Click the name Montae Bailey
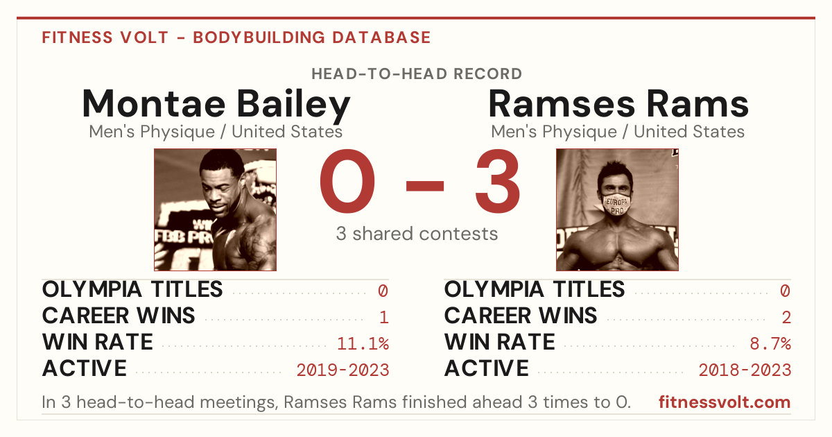(216, 104)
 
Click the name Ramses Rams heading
(618, 104)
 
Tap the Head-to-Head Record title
(417, 74)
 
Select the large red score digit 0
(347, 181)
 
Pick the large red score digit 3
(497, 181)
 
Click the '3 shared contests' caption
(417, 234)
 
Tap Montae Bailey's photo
(215, 209)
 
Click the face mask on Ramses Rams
(616, 205)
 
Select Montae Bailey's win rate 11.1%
(363, 344)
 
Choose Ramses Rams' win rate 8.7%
(770, 344)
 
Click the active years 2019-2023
(343, 370)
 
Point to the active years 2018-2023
(745, 370)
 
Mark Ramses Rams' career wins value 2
(786, 318)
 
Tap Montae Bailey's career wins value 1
(384, 318)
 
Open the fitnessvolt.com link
(725, 402)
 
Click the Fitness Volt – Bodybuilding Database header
(236, 37)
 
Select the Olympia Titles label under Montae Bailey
(132, 289)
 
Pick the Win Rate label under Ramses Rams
(500, 342)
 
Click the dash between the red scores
(425, 186)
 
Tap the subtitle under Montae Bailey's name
(216, 132)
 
